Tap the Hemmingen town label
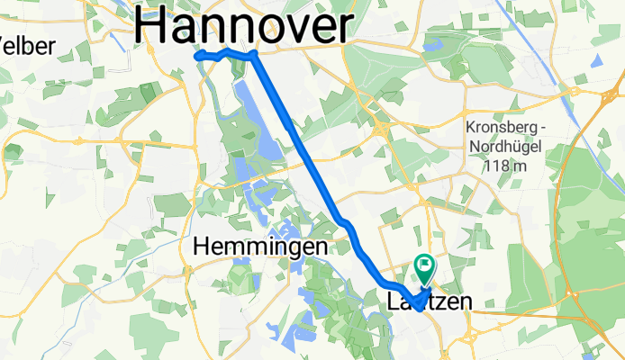pyautogui.click(x=260, y=245)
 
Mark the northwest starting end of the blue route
pyautogui.click(x=198, y=55)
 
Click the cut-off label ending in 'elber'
pyautogui.click(x=27, y=45)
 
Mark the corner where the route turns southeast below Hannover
pyautogui.click(x=256, y=55)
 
